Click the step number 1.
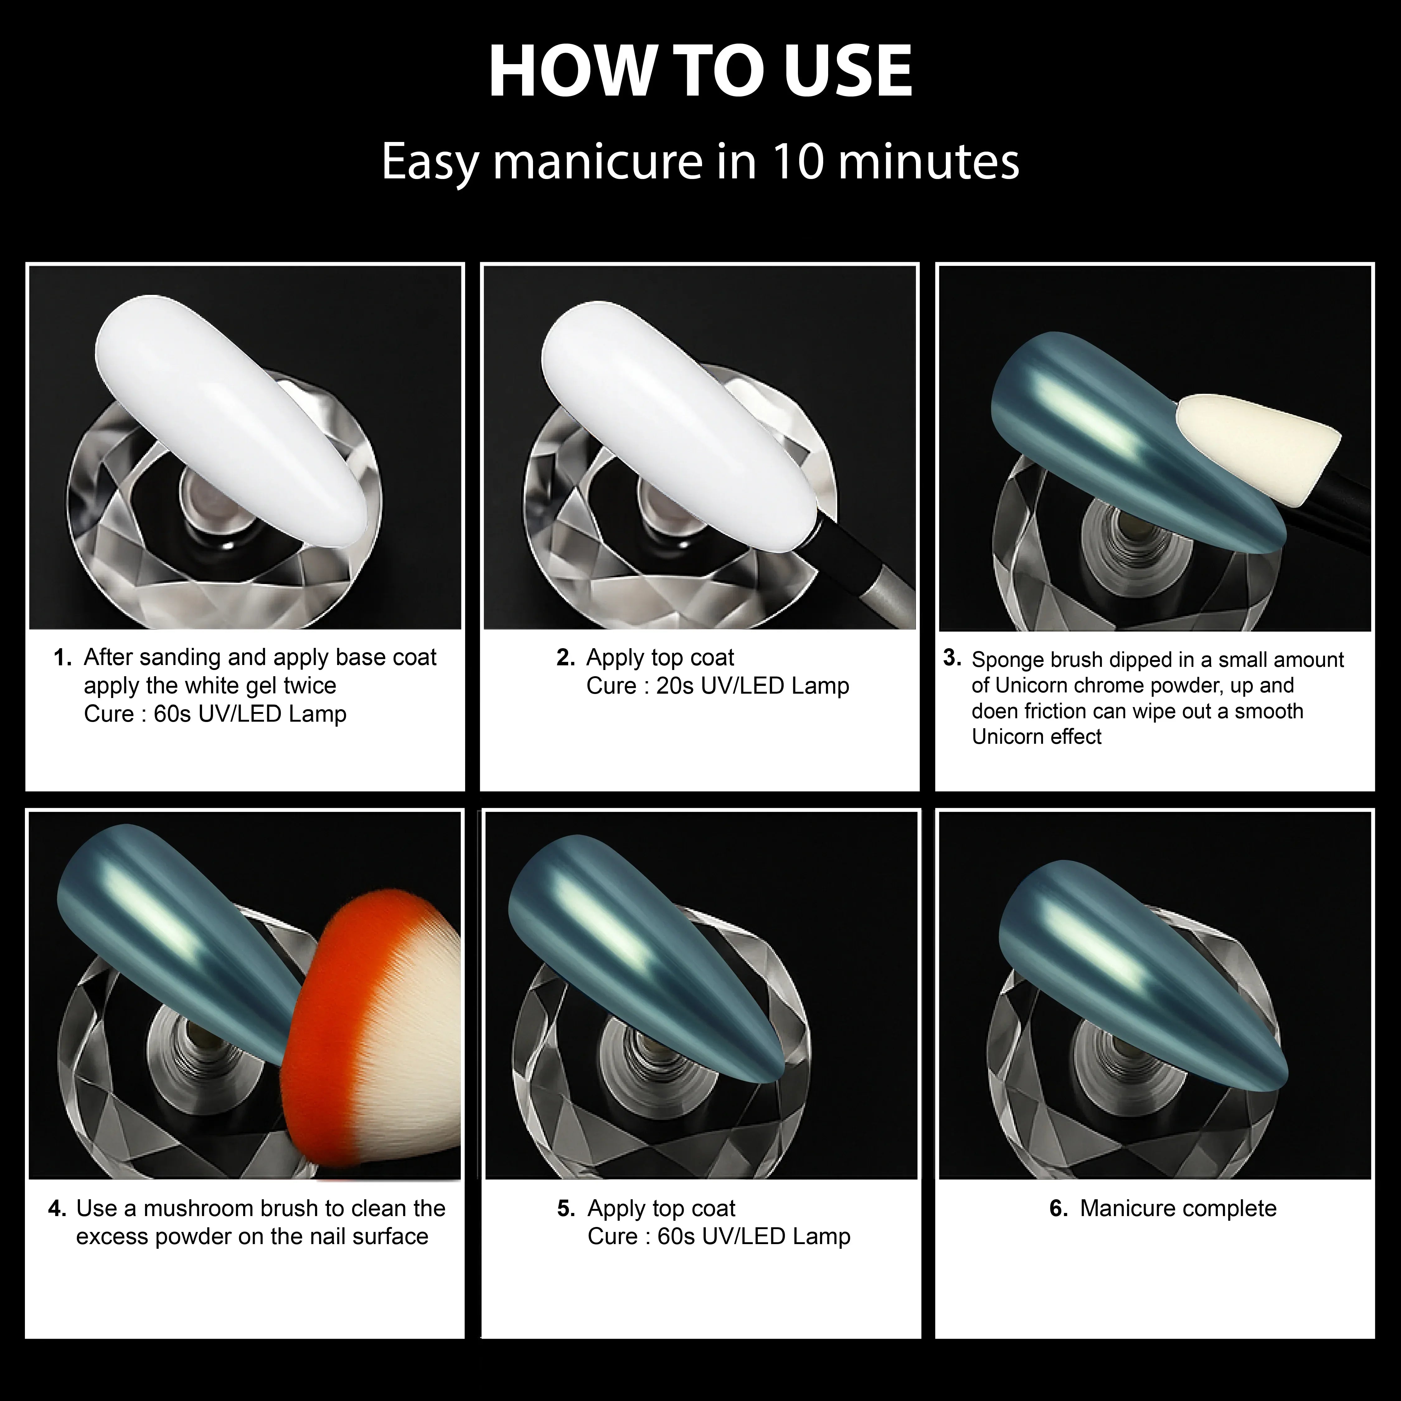coord(62,658)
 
